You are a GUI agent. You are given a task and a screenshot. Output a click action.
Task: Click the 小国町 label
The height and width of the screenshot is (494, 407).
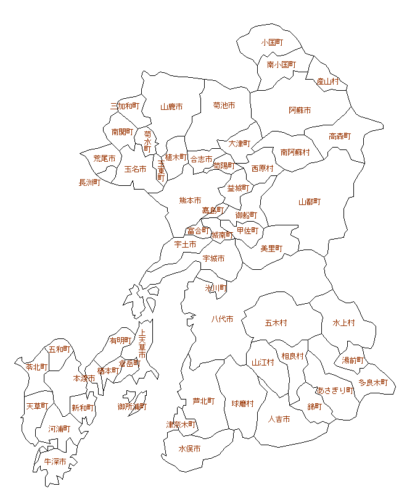(272, 43)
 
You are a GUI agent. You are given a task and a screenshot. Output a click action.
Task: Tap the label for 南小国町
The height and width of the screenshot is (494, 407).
(281, 64)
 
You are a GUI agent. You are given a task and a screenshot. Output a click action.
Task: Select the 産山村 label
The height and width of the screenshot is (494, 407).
(328, 82)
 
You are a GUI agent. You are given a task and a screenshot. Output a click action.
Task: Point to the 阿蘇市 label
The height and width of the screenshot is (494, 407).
(300, 111)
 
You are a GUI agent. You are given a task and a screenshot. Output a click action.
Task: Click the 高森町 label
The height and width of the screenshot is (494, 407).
(340, 136)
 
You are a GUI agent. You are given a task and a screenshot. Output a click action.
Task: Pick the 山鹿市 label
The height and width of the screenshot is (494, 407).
(171, 107)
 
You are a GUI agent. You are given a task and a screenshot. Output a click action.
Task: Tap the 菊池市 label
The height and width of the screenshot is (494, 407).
(224, 106)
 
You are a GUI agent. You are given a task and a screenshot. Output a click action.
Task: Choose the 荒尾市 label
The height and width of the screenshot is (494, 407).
(104, 159)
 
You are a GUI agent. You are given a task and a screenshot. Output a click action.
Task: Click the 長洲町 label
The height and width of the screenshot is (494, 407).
(89, 183)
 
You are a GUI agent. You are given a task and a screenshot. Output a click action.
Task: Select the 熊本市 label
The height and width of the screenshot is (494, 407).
(190, 201)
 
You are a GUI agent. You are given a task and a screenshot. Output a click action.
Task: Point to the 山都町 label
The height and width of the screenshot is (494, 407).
(310, 202)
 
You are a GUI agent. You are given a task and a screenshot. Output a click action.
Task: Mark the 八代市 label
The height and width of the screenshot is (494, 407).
(222, 319)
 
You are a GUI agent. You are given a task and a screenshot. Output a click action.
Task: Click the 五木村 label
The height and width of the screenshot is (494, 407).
(276, 323)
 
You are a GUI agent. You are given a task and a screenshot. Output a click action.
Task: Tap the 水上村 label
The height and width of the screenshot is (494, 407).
(344, 323)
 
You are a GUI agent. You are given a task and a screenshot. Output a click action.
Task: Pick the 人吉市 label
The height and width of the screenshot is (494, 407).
(279, 419)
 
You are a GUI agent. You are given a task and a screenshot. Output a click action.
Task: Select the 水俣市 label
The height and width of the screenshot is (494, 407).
(189, 449)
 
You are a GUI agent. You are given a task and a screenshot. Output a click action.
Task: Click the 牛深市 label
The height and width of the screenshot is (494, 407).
(55, 462)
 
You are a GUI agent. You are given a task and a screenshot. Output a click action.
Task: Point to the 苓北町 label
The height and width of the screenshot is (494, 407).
(36, 367)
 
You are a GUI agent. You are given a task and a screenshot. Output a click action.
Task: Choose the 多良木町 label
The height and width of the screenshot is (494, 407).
(373, 383)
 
